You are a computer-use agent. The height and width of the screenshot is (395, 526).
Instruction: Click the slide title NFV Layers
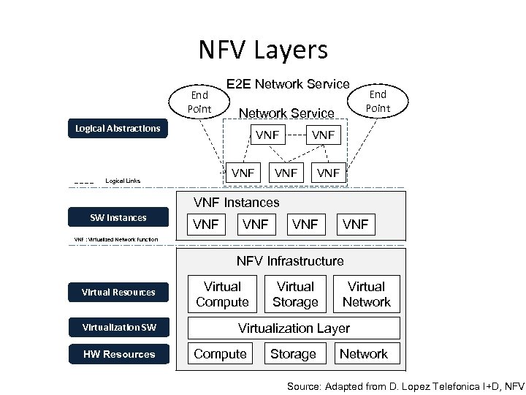[x=263, y=50]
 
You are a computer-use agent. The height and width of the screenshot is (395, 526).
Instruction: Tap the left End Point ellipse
[x=199, y=102]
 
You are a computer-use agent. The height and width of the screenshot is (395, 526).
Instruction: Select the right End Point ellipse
[x=378, y=102]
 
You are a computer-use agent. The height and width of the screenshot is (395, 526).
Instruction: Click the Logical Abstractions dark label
[x=118, y=129]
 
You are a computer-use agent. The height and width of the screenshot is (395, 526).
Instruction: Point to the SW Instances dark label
[x=118, y=217]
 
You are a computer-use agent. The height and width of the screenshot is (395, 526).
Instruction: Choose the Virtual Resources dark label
[x=118, y=293]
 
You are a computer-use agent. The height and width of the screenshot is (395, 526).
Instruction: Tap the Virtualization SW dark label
[x=118, y=326]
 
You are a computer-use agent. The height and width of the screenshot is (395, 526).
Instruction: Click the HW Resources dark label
[x=118, y=354]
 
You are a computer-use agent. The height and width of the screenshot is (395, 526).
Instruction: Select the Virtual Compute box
[x=222, y=294]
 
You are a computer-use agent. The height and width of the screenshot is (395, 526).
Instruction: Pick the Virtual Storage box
[x=295, y=294]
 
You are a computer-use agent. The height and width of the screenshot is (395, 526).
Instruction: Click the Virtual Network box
[x=366, y=294]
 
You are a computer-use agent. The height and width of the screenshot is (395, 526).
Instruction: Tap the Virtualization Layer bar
[x=294, y=328]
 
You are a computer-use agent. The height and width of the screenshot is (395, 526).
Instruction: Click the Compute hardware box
[x=220, y=354]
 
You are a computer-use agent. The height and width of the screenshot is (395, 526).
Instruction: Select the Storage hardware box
[x=293, y=354]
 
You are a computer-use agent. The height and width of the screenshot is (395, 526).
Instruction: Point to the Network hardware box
[x=365, y=354]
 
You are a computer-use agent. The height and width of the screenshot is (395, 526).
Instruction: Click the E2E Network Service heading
[x=288, y=84]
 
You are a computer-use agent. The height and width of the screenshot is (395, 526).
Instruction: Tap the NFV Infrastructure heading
[x=289, y=261]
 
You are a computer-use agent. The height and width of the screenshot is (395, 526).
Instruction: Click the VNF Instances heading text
[x=236, y=203]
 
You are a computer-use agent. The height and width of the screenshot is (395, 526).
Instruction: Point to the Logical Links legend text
[x=123, y=181]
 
